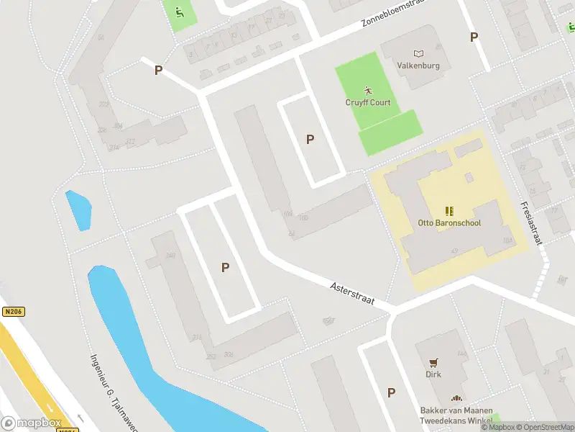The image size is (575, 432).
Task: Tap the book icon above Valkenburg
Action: coord(419,53)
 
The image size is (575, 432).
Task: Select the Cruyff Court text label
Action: coord(368,102)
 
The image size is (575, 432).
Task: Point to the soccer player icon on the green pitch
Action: coord(368,91)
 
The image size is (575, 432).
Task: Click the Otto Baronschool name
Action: coord(449,223)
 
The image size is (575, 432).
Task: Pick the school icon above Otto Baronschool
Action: coord(449,211)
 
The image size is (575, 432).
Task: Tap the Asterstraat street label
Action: coord(353,295)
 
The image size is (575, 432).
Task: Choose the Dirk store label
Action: coord(433,374)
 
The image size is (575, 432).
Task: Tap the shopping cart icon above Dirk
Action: coord(433,363)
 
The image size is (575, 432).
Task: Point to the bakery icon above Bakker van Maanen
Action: coord(455,399)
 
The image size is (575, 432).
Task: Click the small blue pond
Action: coord(78,210)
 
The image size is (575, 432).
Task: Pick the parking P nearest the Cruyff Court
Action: coord(310,140)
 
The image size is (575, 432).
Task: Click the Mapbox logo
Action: coord(32,423)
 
